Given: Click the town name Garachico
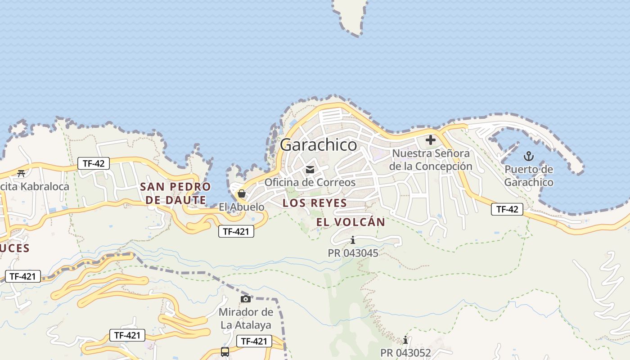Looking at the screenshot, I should pos(318,145).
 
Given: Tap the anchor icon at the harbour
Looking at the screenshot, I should pos(529,157).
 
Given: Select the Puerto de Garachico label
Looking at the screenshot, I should pos(529,176).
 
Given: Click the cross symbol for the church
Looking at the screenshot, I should pos(430,140).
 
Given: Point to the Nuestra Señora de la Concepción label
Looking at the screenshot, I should pos(431,160).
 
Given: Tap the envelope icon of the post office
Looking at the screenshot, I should pos(310,170).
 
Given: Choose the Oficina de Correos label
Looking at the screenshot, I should pos(310,182).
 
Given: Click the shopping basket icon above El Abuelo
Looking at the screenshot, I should pos(242,194).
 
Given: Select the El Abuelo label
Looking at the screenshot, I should pos(242,207).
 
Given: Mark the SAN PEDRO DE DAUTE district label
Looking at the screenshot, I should pos(175,193).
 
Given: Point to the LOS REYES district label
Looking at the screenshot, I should pos(315,203).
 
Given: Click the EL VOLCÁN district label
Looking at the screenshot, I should pos(351,222).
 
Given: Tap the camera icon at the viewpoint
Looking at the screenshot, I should pos(245,299).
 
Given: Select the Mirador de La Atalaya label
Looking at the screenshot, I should pos(246,319).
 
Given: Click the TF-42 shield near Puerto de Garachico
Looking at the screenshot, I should pos(507,209).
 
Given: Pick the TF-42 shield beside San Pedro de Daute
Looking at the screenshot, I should pos(94,163).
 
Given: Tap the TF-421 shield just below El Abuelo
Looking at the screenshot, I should pos(236,232).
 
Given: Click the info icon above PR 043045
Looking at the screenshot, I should pos(353,240).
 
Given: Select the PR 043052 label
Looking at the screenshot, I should pos(405,353).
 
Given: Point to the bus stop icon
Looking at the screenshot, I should pos(225,352).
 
